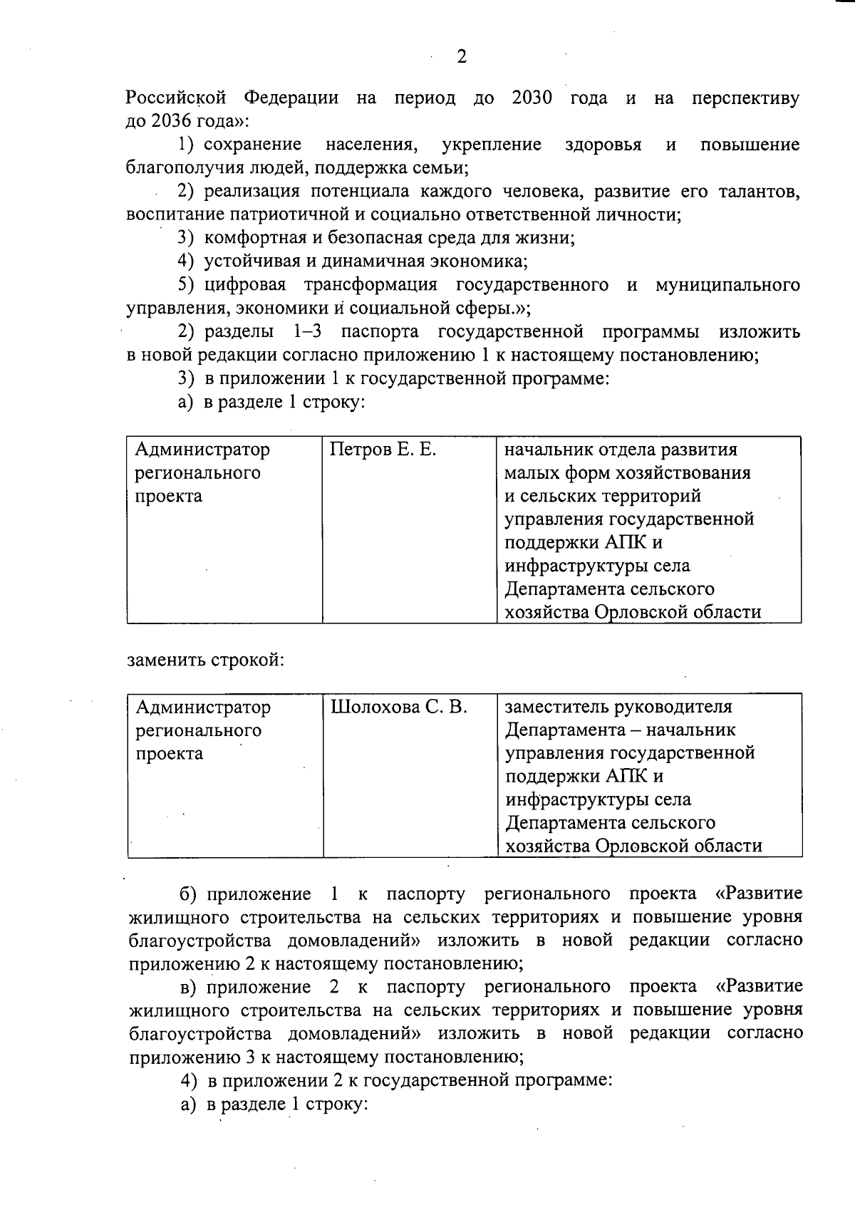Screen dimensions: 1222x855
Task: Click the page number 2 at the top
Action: tap(462, 58)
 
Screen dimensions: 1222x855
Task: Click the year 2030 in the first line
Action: tap(532, 98)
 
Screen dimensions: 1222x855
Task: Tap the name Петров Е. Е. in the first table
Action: tap(383, 450)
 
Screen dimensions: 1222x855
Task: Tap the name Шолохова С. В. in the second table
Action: tap(399, 707)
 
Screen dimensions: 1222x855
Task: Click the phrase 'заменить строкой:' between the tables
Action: tap(206, 660)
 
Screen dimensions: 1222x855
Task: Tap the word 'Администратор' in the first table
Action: tap(203, 450)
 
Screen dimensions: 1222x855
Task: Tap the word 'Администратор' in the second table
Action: tap(203, 707)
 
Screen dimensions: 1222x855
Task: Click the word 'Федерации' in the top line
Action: tap(291, 98)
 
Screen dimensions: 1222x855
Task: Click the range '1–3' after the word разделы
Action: tap(308, 332)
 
